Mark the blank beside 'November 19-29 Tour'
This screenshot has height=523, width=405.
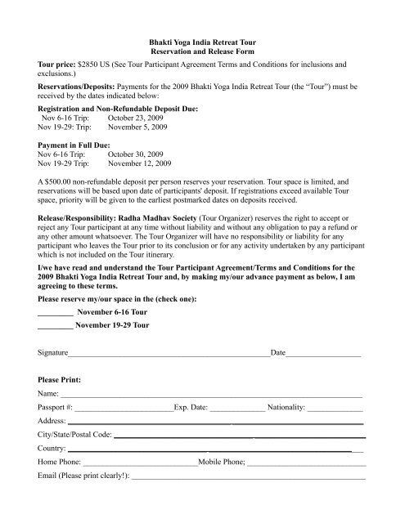[55, 346]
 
